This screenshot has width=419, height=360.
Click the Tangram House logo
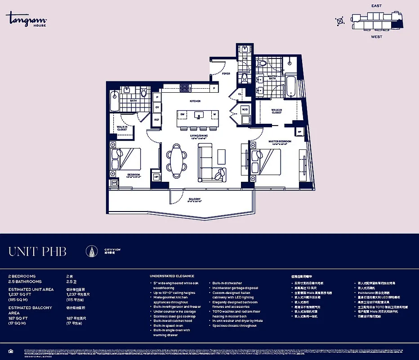(x=27, y=20)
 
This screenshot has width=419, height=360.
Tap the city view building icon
(x=92, y=251)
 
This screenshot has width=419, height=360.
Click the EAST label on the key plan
(x=376, y=6)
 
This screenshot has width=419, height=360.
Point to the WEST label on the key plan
(x=376, y=37)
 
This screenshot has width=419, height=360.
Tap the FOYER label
(x=225, y=73)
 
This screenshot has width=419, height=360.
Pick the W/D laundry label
(x=245, y=109)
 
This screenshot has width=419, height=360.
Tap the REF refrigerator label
(x=157, y=120)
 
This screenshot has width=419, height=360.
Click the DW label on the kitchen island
(x=183, y=114)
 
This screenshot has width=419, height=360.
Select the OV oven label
(x=157, y=108)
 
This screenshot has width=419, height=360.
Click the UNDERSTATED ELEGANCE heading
(x=173, y=276)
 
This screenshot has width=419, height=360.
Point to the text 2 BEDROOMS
(x=22, y=276)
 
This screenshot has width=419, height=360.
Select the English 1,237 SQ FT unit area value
(x=20, y=294)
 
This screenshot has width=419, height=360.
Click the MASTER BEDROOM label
(x=280, y=141)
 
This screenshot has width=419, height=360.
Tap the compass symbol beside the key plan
(x=340, y=20)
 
